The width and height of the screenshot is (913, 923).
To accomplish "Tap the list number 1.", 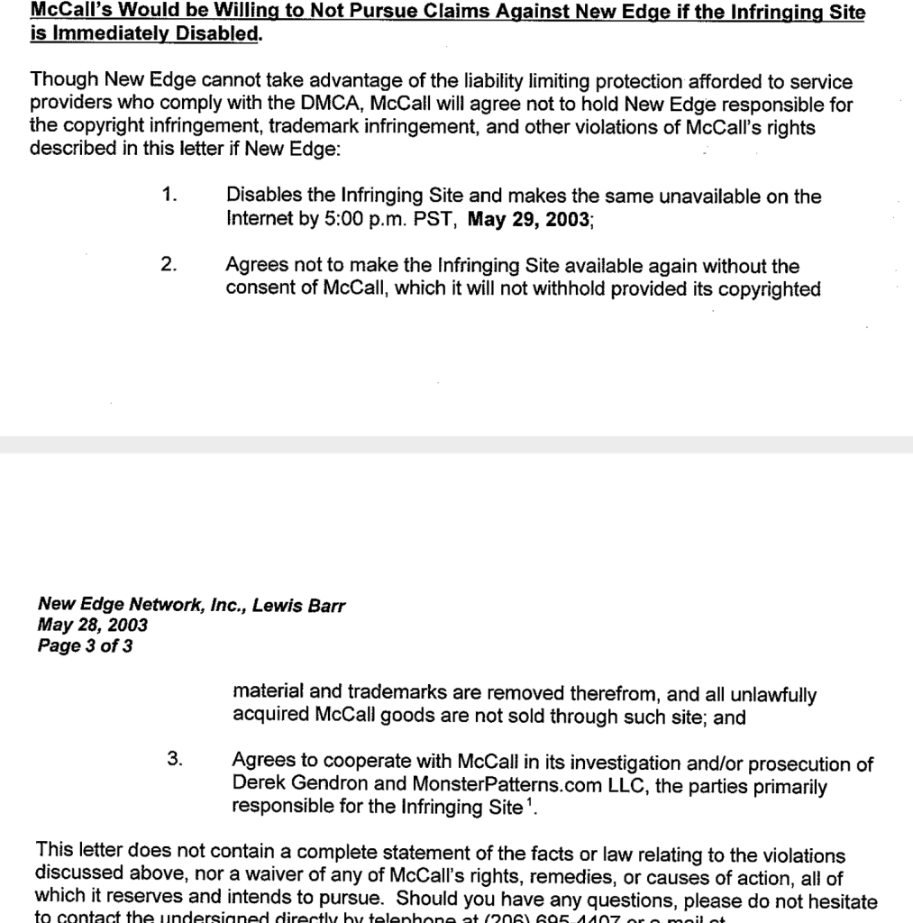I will [169, 195].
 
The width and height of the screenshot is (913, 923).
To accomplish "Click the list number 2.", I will [169, 265].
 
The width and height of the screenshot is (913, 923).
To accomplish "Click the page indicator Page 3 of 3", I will [86, 645].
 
